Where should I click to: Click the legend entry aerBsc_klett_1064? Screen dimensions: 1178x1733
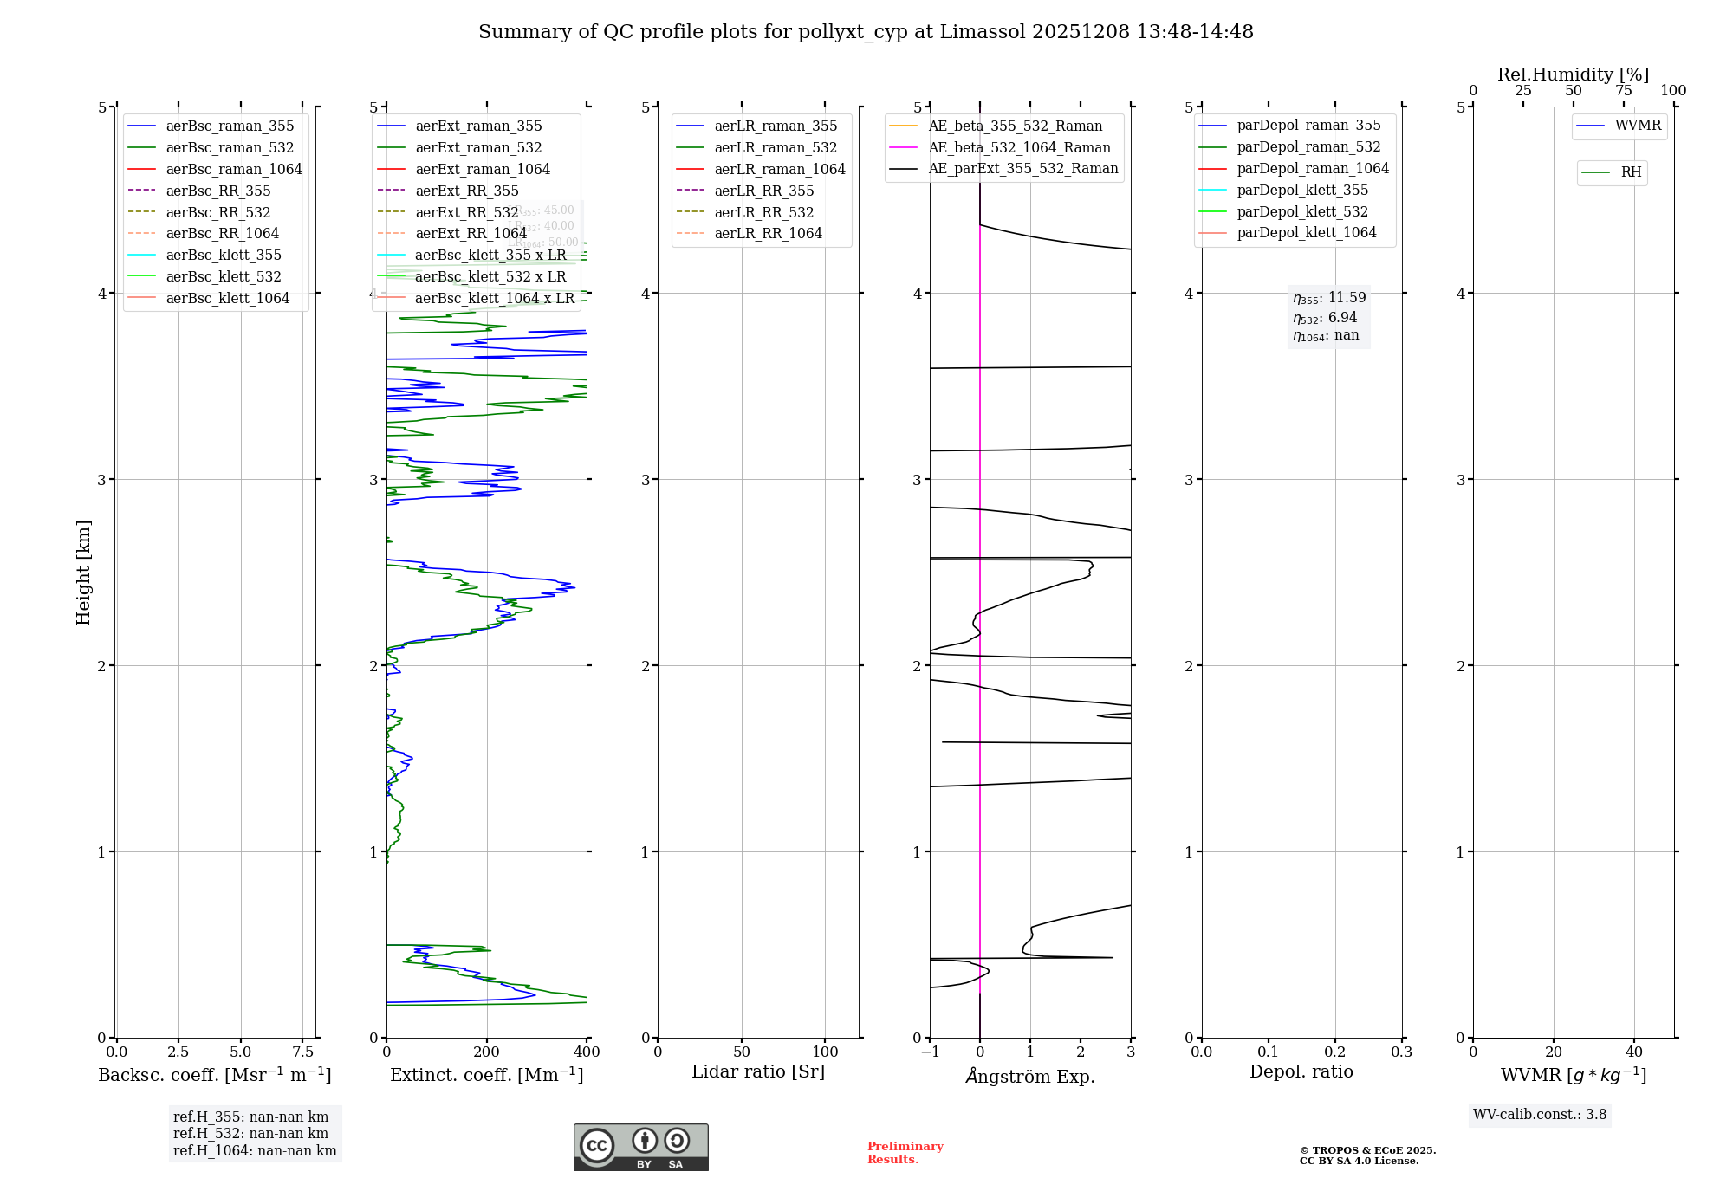click(x=227, y=298)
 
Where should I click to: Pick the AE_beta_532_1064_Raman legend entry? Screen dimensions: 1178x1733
click(x=1019, y=147)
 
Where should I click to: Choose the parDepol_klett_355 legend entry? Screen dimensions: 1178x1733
click(x=1302, y=190)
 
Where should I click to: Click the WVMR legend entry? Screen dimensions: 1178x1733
click(x=1638, y=126)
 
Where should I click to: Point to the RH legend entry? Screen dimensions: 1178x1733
click(x=1631, y=172)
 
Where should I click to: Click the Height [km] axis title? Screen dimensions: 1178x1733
click(x=83, y=573)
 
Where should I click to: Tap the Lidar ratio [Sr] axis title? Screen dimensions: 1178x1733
click(x=758, y=1071)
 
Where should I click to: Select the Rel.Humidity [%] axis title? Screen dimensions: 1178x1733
click(x=1573, y=74)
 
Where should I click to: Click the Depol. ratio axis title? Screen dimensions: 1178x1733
click(x=1301, y=1071)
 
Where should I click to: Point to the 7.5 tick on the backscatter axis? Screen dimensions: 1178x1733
click(x=302, y=1052)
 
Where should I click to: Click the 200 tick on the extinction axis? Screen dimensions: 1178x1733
click(x=487, y=1052)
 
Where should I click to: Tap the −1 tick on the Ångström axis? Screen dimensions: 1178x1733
click(x=930, y=1052)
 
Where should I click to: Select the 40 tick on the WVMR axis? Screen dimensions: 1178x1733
click(x=1633, y=1052)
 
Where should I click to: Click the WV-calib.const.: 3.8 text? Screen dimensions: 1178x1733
click(x=1539, y=1115)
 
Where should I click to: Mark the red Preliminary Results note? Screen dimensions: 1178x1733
click(x=905, y=1153)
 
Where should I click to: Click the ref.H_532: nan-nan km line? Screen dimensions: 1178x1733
click(x=250, y=1134)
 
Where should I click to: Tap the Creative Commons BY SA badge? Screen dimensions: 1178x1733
click(x=640, y=1147)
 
